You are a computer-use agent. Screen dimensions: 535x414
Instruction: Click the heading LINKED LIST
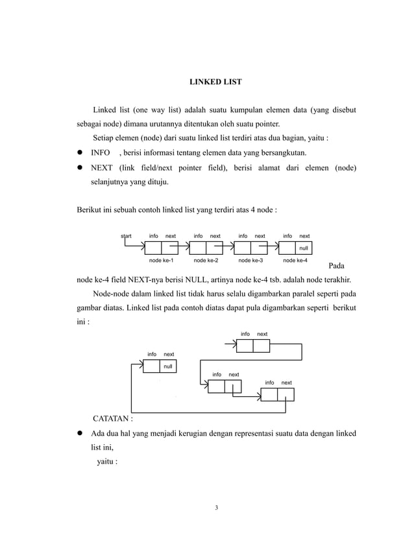pyautogui.click(x=215, y=82)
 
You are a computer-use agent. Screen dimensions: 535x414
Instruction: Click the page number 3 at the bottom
pyautogui.click(x=216, y=507)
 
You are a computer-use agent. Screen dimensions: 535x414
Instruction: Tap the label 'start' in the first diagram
pyautogui.click(x=127, y=236)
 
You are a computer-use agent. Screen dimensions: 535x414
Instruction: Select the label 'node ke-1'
pyautogui.click(x=162, y=260)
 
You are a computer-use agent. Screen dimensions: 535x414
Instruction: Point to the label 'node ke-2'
pyautogui.click(x=206, y=260)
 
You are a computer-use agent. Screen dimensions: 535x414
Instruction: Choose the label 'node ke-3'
pyautogui.click(x=250, y=260)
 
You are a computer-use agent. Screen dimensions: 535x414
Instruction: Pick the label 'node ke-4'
pyautogui.click(x=295, y=260)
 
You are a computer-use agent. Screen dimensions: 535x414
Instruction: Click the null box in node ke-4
pyautogui.click(x=303, y=248)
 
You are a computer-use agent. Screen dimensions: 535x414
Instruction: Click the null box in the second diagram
pyautogui.click(x=168, y=366)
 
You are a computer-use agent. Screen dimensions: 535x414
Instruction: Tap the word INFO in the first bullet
pyautogui.click(x=100, y=153)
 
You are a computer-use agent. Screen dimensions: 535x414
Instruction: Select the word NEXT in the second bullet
pyautogui.click(x=101, y=169)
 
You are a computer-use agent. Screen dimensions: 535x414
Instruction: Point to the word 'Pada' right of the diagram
pyautogui.click(x=337, y=267)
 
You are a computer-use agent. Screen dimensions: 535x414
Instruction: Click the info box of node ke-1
pyautogui.click(x=152, y=248)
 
